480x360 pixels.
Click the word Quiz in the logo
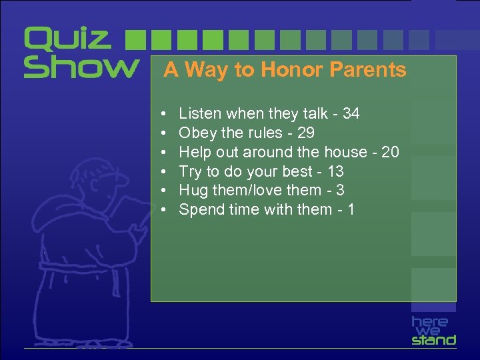point(67,39)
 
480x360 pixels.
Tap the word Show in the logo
point(81,67)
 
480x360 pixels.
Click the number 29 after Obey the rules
point(305,133)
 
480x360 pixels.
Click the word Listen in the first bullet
point(200,114)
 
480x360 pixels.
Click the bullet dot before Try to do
point(163,172)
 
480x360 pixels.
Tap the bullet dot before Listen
point(163,114)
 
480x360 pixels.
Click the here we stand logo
point(433,330)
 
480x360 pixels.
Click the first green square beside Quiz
point(135,39)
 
